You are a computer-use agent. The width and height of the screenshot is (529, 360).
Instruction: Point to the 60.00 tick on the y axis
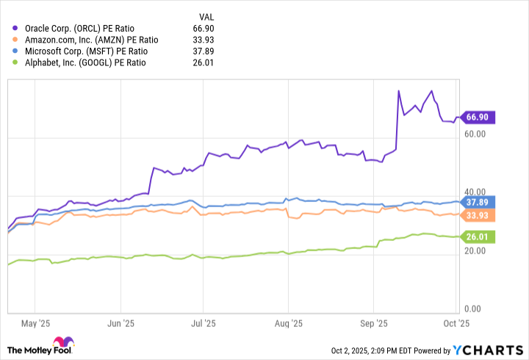[477, 134]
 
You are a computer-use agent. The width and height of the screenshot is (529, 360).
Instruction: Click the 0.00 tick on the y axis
[477, 309]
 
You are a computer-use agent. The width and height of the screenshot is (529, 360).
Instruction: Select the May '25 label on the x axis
[36, 323]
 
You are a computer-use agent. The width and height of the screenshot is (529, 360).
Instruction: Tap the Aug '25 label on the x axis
[289, 323]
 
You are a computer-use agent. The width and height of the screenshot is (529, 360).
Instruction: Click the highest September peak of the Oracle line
[398, 91]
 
